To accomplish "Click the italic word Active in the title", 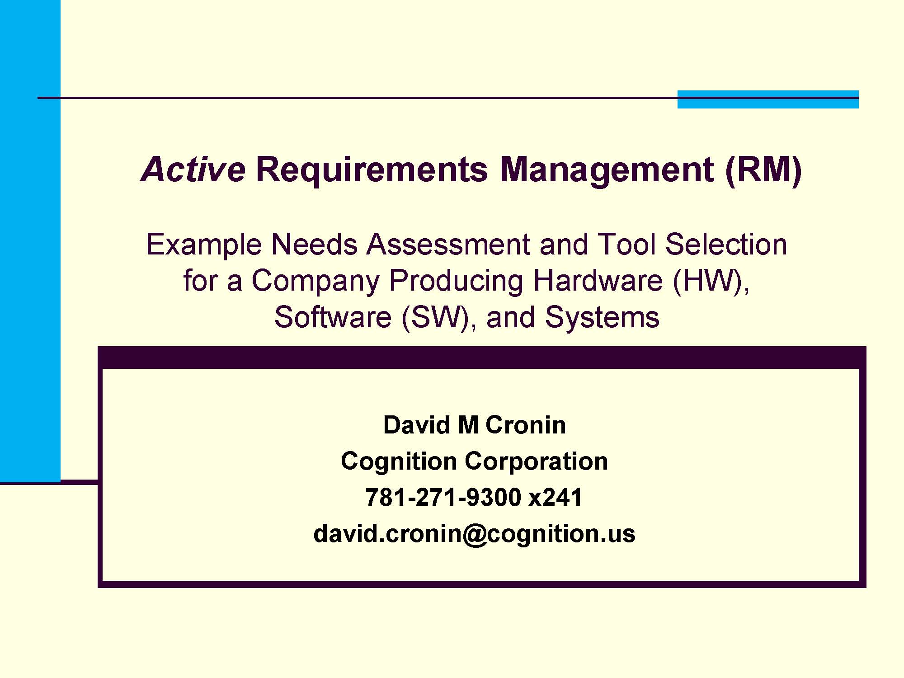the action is pyautogui.click(x=193, y=170).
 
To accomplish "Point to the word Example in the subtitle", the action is pyautogui.click(x=204, y=245).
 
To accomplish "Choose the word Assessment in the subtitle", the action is pyautogui.click(x=448, y=245).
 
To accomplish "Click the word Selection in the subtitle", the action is pyautogui.click(x=726, y=245).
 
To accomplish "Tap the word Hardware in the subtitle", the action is pyautogui.click(x=598, y=281).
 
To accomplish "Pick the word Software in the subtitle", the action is pyautogui.click(x=333, y=317).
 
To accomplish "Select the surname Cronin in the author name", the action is pyautogui.click(x=526, y=425).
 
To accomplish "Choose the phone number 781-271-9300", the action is pyautogui.click(x=443, y=497).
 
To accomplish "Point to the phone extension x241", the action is pyautogui.click(x=556, y=497).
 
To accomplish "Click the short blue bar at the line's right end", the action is pyautogui.click(x=768, y=99).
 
